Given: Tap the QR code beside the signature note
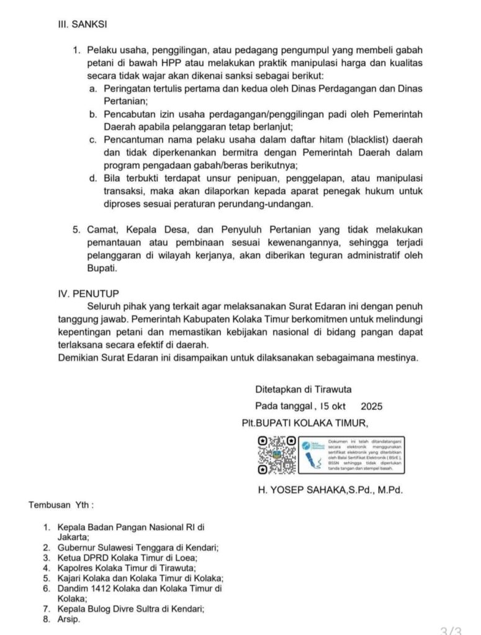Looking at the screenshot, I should click(276, 456).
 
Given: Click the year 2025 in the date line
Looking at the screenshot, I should click(371, 407).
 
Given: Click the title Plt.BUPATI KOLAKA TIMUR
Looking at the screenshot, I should click(305, 424).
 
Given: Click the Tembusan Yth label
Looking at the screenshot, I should click(61, 505).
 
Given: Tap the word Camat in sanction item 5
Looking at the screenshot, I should click(101, 229).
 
